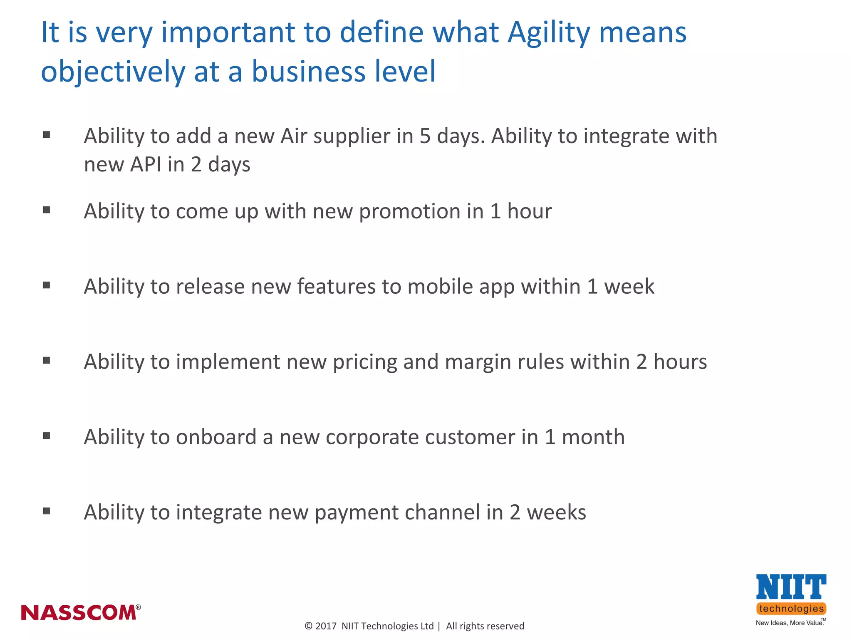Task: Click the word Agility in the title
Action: point(549,33)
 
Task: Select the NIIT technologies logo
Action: point(791,595)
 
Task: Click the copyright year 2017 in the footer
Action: point(326,626)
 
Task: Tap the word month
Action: point(593,437)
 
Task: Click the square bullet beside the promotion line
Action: point(47,210)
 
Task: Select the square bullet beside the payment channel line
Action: point(47,511)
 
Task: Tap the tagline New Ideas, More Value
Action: point(789,623)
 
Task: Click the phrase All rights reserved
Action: point(485,626)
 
